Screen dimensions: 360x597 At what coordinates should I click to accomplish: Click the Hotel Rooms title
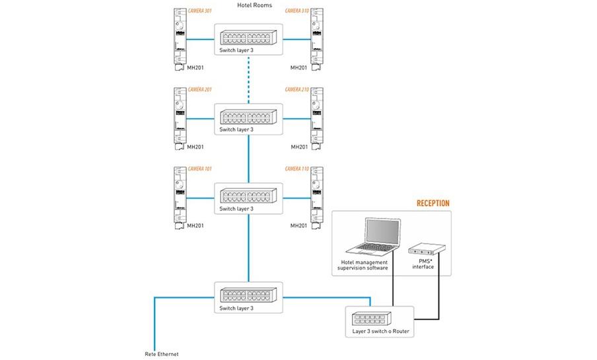(x=254, y=5)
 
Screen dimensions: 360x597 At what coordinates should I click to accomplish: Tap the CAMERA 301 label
(x=199, y=11)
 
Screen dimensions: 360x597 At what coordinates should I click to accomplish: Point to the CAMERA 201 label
(x=199, y=89)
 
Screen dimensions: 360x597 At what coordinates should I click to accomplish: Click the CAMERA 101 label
(x=199, y=169)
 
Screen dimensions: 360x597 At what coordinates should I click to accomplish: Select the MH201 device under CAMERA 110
(x=316, y=197)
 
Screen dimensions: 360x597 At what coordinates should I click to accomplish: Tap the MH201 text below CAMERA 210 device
(x=299, y=147)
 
